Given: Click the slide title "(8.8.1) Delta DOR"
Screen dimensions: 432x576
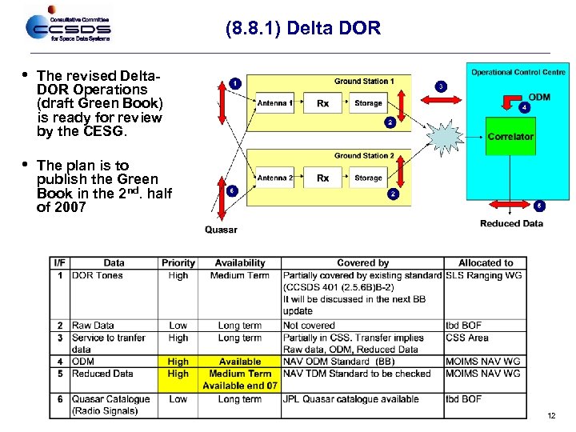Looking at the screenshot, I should point(303,30).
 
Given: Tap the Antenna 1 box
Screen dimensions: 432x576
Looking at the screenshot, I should point(274,103).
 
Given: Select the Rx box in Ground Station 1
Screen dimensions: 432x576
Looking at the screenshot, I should point(322,103).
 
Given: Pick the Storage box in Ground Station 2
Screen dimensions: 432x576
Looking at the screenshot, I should point(369,178).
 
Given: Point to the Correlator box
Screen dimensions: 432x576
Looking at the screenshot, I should point(510,136).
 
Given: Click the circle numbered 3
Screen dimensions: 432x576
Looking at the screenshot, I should point(441,86).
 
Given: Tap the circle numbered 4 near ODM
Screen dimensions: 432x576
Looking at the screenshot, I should point(524,106).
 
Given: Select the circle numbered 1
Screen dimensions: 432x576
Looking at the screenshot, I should point(234,82).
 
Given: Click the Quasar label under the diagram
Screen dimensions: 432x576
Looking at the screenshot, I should point(221,230).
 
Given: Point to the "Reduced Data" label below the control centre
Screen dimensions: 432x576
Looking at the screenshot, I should point(511,223).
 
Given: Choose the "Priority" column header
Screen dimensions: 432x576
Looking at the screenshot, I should point(178,262).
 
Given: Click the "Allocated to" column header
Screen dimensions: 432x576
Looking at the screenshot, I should point(486,262).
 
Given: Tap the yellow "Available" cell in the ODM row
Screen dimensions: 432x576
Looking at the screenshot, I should point(240,362).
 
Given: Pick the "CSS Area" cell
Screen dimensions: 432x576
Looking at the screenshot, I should point(467,338).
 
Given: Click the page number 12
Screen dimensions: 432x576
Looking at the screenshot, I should point(551,415).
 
